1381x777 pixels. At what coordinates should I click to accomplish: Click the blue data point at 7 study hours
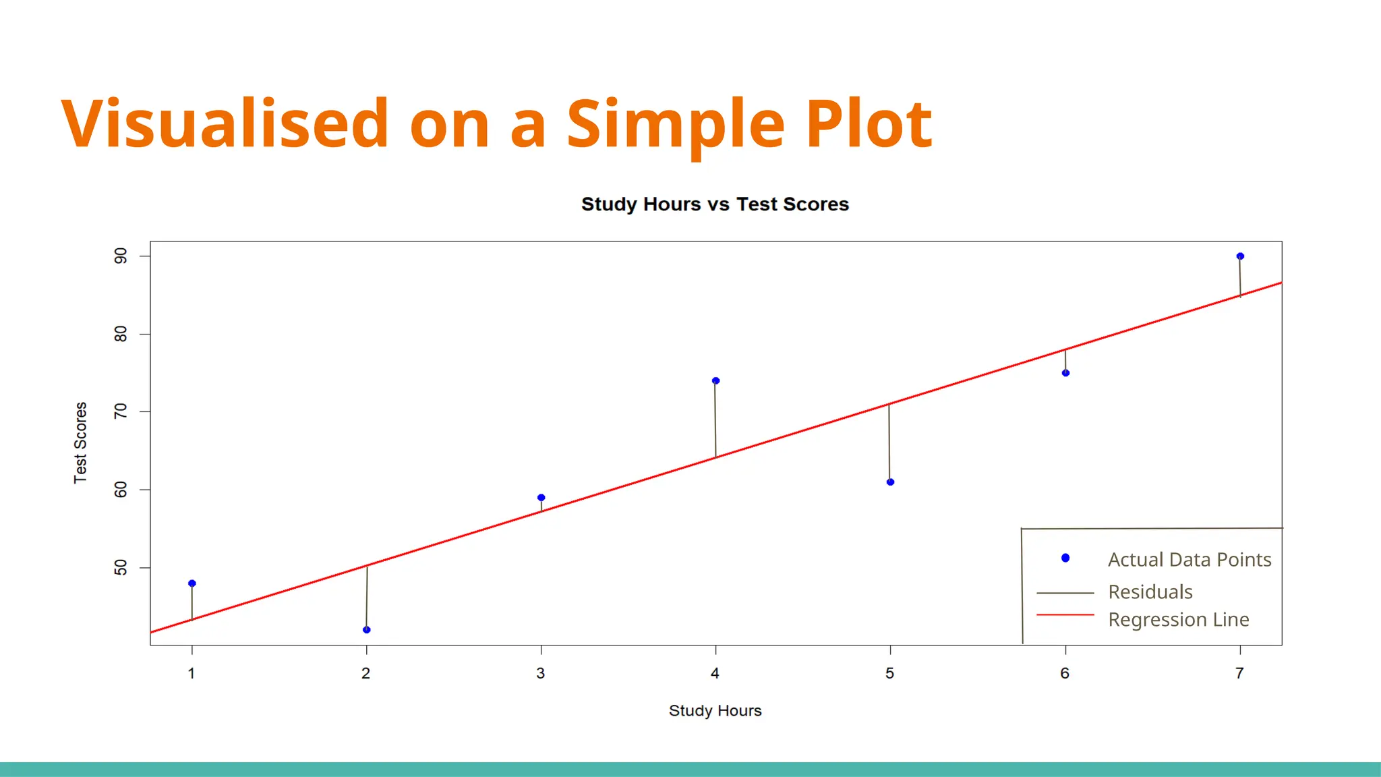[x=1240, y=256]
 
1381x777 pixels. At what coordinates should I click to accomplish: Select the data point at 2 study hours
[x=367, y=630]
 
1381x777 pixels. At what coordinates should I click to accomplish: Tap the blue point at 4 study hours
[x=715, y=381]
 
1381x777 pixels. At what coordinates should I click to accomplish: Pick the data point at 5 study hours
[x=891, y=482]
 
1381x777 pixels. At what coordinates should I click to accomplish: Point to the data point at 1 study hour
[x=192, y=583]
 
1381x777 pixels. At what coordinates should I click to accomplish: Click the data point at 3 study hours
[x=541, y=498]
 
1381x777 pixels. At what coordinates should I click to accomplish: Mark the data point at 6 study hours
[x=1065, y=373]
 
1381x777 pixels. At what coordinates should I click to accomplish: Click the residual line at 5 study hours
[x=889, y=442]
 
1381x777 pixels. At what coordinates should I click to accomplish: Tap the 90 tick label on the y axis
[x=121, y=256]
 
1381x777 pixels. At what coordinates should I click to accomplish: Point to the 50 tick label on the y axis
[x=121, y=568]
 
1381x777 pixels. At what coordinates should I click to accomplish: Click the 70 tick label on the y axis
[x=121, y=411]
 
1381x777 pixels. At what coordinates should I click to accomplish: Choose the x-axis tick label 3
[x=541, y=673]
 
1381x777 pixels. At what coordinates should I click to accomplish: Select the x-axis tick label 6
[x=1065, y=673]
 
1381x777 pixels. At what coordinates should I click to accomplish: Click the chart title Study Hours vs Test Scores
[x=715, y=204]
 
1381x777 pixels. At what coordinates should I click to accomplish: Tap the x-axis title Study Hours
[x=715, y=711]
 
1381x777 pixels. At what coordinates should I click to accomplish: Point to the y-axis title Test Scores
[x=80, y=442]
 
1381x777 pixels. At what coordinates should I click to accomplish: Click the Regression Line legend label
[x=1178, y=619]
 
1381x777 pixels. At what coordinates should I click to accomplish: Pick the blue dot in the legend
[x=1065, y=558]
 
